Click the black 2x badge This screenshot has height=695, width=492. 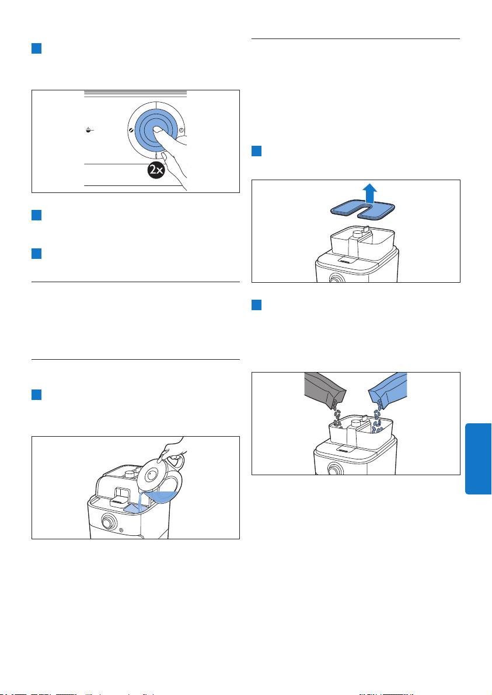pyautogui.click(x=156, y=170)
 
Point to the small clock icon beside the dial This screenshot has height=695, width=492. pyautogui.click(x=182, y=130)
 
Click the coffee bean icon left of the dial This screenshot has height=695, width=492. pyautogui.click(x=131, y=130)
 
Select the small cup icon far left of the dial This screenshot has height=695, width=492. pyautogui.click(x=89, y=130)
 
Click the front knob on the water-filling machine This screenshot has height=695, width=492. pyautogui.click(x=107, y=522)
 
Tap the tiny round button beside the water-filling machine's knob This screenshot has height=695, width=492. pyautogui.click(x=121, y=529)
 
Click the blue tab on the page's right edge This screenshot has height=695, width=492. pyautogui.click(x=478, y=459)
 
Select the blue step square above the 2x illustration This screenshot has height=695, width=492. pyautogui.click(x=36, y=48)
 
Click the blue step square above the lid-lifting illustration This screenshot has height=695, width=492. pyautogui.click(x=256, y=151)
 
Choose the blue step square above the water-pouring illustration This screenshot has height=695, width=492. pyautogui.click(x=36, y=395)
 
